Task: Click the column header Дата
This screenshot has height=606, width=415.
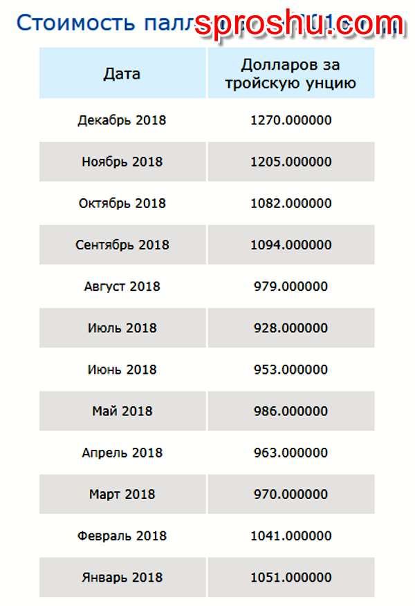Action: pos(122,73)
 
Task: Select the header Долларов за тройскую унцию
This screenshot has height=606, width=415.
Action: pos(290,74)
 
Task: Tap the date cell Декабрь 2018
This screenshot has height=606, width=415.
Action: pos(122,120)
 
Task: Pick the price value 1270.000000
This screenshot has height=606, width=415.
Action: pos(290,120)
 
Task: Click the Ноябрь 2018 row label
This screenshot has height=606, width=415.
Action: pos(122,162)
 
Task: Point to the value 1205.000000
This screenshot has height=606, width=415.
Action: pos(290,162)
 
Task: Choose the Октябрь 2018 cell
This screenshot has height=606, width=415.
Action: pos(122,203)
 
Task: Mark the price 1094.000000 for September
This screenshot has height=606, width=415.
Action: pos(290,245)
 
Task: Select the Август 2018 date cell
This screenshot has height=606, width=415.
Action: pos(122,286)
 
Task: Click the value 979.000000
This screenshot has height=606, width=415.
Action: pos(290,286)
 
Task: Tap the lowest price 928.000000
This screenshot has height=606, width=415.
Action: pos(290,328)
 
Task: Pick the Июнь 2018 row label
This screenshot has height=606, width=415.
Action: pos(122,369)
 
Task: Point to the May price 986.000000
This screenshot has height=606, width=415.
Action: pos(290,410)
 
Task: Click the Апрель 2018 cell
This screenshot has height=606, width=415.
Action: pos(122,453)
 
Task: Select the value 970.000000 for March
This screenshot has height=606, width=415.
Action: pos(290,494)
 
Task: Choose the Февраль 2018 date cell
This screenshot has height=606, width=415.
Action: pos(122,536)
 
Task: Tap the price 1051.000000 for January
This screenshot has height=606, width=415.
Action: pos(290,577)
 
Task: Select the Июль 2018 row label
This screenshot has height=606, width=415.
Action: pos(122,328)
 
